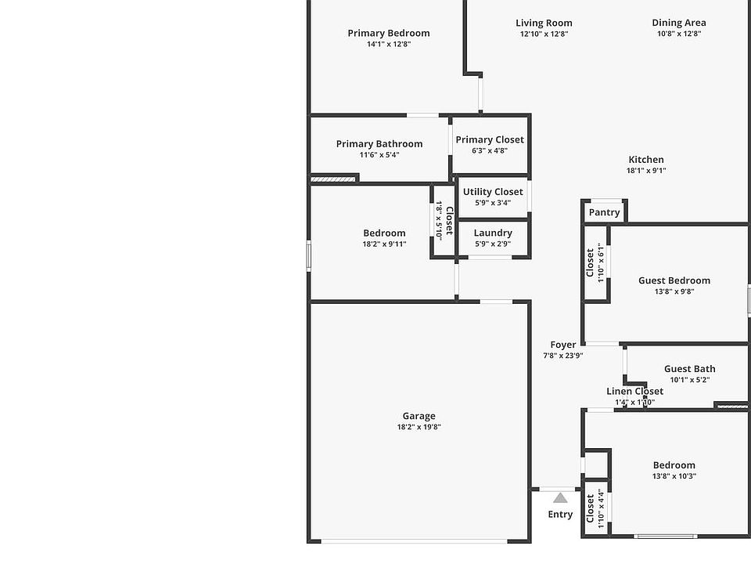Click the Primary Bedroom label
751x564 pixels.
click(x=389, y=33)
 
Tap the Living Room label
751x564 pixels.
click(x=544, y=23)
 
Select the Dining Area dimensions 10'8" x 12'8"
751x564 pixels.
click(x=678, y=34)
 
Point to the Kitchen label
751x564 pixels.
click(x=646, y=160)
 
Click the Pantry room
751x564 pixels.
click(x=604, y=212)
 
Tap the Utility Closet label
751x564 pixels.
click(x=493, y=192)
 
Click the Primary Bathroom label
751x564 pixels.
click(x=379, y=144)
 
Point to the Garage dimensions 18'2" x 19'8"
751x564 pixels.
click(x=419, y=427)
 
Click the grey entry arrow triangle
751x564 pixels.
click(x=560, y=497)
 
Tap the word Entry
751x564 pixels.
click(x=560, y=515)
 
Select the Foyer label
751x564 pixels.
click(x=563, y=345)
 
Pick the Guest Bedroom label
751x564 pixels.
click(x=674, y=280)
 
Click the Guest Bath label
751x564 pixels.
click(x=690, y=369)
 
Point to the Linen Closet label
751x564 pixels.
click(x=634, y=392)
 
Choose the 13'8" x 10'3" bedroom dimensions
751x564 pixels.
click(x=674, y=475)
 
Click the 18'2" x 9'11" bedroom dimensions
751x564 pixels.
click(x=384, y=244)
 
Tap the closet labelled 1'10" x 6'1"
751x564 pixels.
click(x=595, y=262)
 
